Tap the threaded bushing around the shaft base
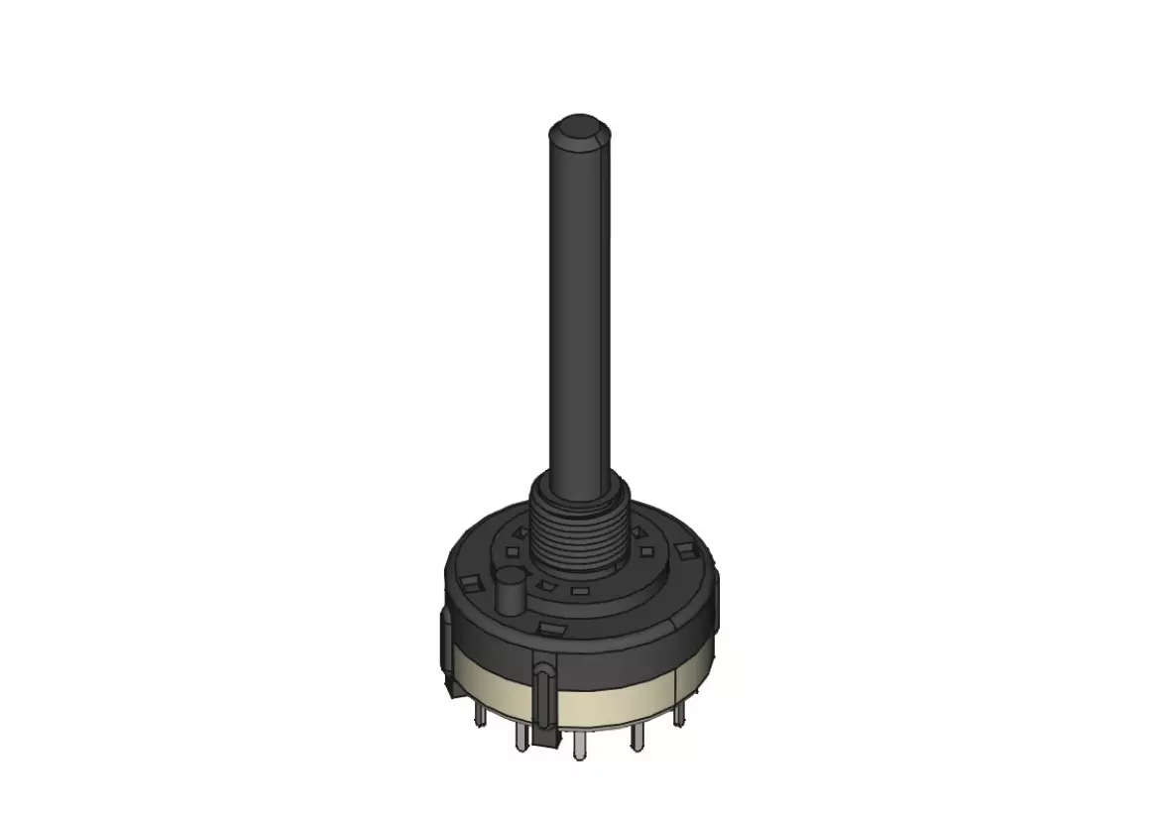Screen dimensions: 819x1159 pos(579,536)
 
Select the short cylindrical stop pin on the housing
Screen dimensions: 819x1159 pos(510,591)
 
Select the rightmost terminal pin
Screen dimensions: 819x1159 pos(681,713)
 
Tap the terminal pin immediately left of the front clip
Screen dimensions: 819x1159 pos(520,737)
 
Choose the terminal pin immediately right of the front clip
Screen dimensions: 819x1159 pos(579,745)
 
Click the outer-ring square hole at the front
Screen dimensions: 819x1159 pos(549,628)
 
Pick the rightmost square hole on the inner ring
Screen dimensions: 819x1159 pos(646,550)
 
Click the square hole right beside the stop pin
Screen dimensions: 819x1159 pos(543,586)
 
